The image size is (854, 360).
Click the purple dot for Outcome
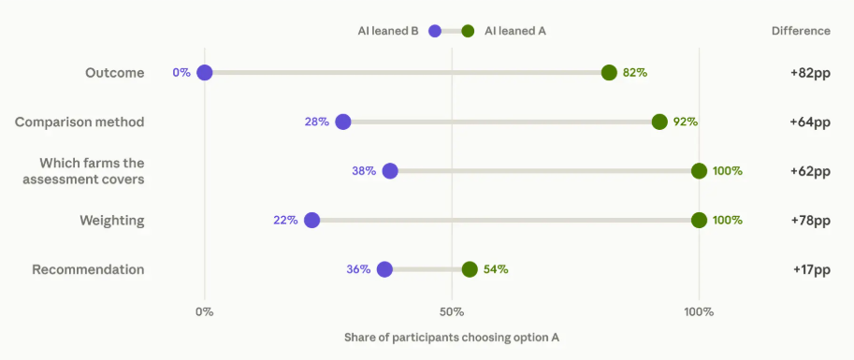(x=204, y=72)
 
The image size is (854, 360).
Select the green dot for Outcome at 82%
(x=609, y=72)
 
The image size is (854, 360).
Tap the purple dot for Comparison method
(x=342, y=122)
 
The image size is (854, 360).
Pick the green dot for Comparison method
(x=659, y=122)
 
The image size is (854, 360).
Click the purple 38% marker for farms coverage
(x=390, y=171)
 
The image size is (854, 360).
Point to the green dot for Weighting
(x=700, y=220)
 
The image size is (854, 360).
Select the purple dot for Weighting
(x=311, y=220)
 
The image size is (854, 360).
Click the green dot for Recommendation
(x=470, y=269)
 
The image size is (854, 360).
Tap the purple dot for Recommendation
(x=384, y=269)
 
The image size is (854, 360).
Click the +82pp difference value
(x=810, y=73)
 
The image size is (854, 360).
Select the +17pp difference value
(x=812, y=269)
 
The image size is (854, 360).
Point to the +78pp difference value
(x=810, y=221)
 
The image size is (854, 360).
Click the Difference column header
(x=802, y=31)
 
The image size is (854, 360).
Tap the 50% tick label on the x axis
(x=452, y=312)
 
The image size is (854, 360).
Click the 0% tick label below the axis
(x=204, y=312)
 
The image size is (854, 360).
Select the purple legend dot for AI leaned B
(x=435, y=31)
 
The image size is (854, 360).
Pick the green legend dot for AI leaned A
(x=468, y=31)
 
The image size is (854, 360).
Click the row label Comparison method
(x=80, y=122)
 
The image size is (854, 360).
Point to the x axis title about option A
(x=452, y=338)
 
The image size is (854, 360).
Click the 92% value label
(x=685, y=122)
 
